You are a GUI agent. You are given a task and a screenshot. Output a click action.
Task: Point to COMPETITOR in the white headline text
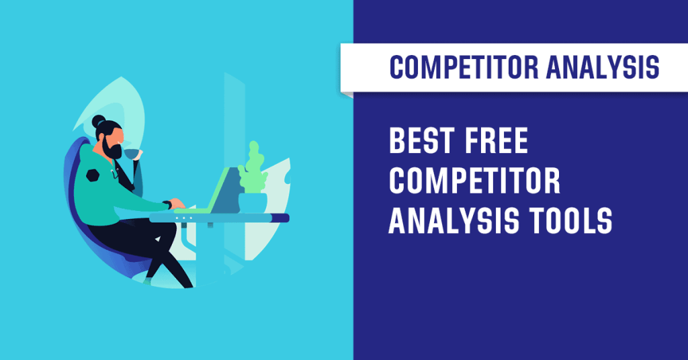click(x=474, y=183)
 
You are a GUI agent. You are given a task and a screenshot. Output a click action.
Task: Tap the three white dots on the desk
click(x=183, y=218)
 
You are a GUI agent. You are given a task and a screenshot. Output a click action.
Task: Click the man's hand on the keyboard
click(x=177, y=204)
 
